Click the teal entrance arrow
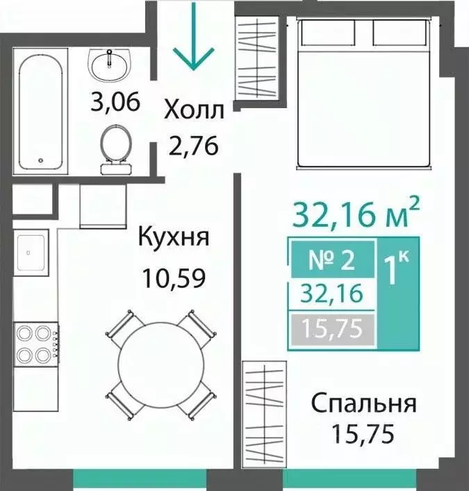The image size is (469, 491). click(x=194, y=36)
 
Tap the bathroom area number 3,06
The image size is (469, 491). click(x=115, y=102)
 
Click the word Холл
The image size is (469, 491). click(x=194, y=110)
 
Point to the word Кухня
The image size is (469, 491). click(x=174, y=237)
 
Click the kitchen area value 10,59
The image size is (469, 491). click(x=174, y=278)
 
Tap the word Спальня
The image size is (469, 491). click(x=364, y=404)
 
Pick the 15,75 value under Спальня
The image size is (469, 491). click(x=362, y=434)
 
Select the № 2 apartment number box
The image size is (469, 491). click(x=333, y=259)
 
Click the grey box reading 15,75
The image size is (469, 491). click(x=333, y=330)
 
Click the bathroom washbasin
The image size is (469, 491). click(x=109, y=64)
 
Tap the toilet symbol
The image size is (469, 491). click(x=115, y=149)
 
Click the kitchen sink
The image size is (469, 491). click(x=31, y=252)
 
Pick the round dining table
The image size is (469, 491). click(x=161, y=363)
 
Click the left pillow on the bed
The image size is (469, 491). click(x=328, y=33)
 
